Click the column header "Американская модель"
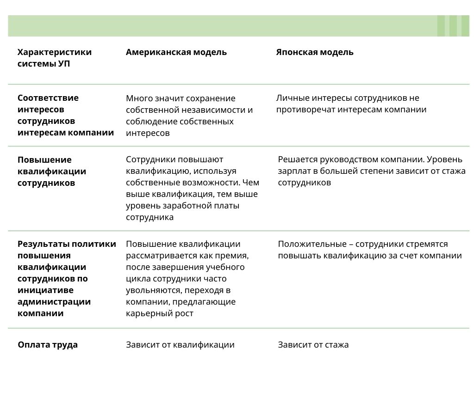176,52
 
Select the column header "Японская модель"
315,52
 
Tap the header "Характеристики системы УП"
55,58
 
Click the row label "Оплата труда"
48,345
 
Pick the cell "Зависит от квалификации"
180,345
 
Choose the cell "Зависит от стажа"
313,345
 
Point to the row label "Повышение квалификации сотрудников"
52,171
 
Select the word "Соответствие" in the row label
48,98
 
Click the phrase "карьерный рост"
160,313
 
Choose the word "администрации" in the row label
54,302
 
